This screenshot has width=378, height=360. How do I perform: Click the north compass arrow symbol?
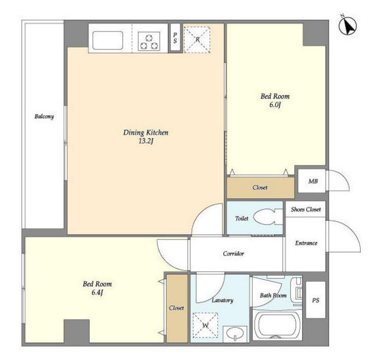click(x=348, y=26)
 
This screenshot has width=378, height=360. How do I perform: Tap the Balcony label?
click(x=44, y=116)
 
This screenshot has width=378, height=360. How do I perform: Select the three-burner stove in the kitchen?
click(x=149, y=42)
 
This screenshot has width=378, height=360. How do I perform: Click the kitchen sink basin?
click(x=107, y=40)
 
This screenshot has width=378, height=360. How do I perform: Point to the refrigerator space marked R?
click(x=197, y=40)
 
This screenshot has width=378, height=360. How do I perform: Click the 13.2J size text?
click(x=146, y=141)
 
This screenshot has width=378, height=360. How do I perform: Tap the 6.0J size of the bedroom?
click(x=275, y=105)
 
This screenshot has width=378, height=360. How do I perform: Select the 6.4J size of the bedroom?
click(x=97, y=293)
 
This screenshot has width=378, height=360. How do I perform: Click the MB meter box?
click(x=312, y=181)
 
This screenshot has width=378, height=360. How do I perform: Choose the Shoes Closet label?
click(x=306, y=210)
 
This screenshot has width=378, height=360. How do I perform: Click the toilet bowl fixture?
click(x=268, y=217)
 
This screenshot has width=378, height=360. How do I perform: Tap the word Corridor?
click(x=233, y=254)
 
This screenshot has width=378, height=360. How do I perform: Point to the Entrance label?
click(x=306, y=243)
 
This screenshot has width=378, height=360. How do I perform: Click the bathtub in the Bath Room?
click(x=277, y=324)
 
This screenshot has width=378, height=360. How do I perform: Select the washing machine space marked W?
click(x=205, y=326)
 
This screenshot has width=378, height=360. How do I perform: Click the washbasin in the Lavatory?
click(x=235, y=334)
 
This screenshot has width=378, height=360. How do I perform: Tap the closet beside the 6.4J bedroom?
click(x=177, y=308)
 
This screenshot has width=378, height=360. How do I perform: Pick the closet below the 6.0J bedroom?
click(x=261, y=188)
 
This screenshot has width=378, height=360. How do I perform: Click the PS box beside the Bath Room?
click(x=316, y=299)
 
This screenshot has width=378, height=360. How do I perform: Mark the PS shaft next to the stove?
click(x=175, y=37)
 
